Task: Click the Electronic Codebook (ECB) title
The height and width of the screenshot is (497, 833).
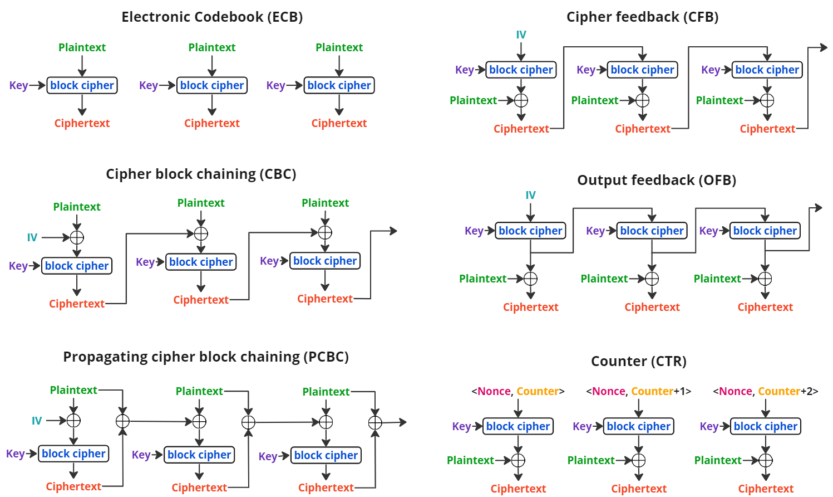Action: click(212, 17)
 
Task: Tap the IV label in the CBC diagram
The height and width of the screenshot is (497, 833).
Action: click(32, 238)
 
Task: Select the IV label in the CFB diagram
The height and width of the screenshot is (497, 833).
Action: click(521, 35)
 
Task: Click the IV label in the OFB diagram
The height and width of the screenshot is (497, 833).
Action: click(530, 195)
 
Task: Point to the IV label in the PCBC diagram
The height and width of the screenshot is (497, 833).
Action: click(37, 421)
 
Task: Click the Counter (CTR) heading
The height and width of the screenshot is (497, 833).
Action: click(638, 361)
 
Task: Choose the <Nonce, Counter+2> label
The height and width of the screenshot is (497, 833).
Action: click(765, 391)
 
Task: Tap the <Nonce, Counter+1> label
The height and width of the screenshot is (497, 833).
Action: click(638, 391)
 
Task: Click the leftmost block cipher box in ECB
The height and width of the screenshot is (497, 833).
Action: click(82, 85)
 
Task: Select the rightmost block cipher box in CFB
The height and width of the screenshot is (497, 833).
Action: click(767, 70)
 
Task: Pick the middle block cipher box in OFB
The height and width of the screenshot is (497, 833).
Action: click(652, 231)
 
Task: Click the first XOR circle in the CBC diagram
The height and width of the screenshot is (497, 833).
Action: click(77, 237)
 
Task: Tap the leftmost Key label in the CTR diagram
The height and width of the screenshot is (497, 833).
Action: click(461, 426)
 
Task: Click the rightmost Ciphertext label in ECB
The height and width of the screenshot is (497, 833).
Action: click(339, 123)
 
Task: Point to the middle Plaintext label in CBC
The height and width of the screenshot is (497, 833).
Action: click(201, 203)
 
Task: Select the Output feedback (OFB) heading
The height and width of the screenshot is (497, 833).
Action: click(657, 180)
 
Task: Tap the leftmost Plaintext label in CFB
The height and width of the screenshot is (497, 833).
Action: click(473, 100)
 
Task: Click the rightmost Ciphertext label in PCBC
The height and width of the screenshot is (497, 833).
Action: click(326, 488)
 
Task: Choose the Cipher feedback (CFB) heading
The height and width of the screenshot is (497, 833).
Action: click(642, 17)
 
